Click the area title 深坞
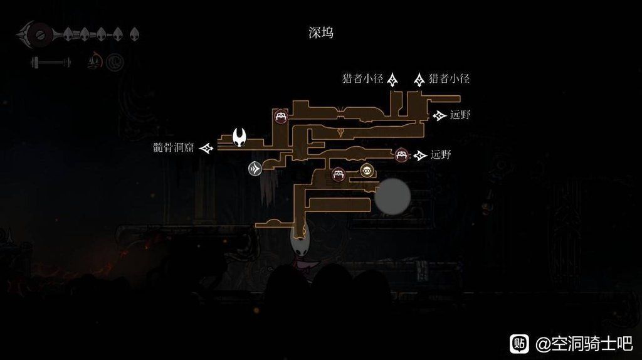pyautogui.click(x=320, y=33)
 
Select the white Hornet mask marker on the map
pyautogui.click(x=239, y=136)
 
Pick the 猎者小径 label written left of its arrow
pyautogui.click(x=362, y=79)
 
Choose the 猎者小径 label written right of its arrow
pyautogui.click(x=449, y=79)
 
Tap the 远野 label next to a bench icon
pyautogui.click(x=441, y=155)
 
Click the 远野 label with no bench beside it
pyautogui.click(x=460, y=115)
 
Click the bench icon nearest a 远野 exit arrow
pyautogui.click(x=402, y=155)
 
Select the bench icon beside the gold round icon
pyautogui.click(x=339, y=174)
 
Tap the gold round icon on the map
pyautogui.click(x=366, y=170)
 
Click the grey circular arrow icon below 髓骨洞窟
pyautogui.click(x=255, y=168)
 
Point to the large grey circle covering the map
pyautogui.click(x=392, y=196)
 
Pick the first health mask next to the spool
pyautogui.click(x=69, y=34)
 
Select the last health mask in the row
pyautogui.click(x=134, y=34)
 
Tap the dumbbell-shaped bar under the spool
pyautogui.click(x=50, y=62)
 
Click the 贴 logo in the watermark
pyautogui.click(x=519, y=343)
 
